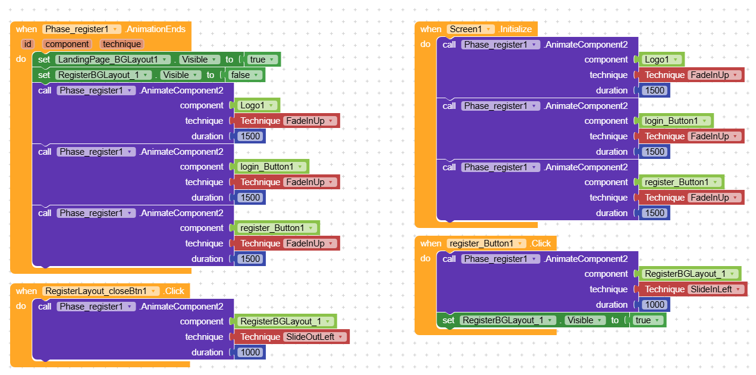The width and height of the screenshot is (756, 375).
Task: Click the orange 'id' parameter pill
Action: (27, 44)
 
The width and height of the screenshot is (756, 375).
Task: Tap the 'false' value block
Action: (244, 75)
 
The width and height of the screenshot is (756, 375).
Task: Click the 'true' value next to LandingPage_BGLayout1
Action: (262, 60)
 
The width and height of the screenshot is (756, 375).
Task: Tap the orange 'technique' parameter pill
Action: (122, 44)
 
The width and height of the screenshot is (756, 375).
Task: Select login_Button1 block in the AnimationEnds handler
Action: (271, 167)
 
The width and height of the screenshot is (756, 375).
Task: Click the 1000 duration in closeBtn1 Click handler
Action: (250, 352)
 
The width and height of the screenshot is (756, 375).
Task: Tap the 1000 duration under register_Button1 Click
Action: (654, 305)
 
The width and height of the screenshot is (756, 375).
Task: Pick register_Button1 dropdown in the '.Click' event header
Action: (486, 243)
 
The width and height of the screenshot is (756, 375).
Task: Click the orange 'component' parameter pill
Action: (67, 44)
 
